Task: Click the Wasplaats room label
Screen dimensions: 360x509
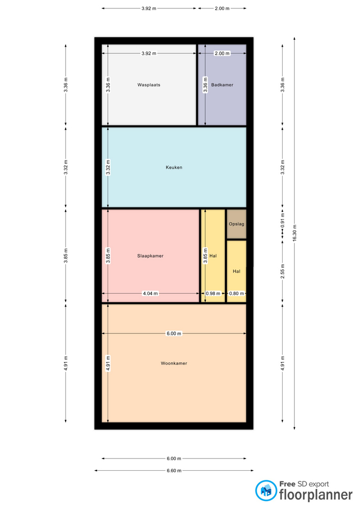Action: tap(148, 85)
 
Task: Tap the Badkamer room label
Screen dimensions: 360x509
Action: tap(222, 85)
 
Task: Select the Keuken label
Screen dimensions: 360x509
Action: tap(174, 168)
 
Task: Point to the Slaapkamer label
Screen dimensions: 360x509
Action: tap(150, 256)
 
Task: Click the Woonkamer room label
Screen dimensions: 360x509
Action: tap(174, 363)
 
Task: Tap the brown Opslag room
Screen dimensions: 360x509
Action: tap(236, 224)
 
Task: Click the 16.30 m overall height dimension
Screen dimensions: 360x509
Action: tap(295, 233)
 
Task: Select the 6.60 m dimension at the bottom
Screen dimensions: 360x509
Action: tap(174, 470)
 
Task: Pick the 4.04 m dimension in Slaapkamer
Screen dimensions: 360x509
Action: tap(150, 293)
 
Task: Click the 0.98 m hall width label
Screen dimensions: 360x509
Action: tap(213, 293)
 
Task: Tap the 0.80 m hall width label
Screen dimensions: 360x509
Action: tap(236, 293)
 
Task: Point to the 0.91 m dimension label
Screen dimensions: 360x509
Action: tap(283, 221)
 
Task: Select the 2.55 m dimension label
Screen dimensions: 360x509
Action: tap(283, 271)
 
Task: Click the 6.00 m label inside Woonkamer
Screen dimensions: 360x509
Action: tap(174, 334)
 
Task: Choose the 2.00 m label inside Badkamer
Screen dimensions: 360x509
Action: tap(222, 53)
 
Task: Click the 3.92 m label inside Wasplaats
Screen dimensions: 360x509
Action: tap(148, 53)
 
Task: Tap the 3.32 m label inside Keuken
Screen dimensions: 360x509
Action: tap(108, 168)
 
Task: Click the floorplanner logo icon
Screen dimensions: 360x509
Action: tap(266, 490)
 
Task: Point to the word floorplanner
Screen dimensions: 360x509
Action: tap(316, 495)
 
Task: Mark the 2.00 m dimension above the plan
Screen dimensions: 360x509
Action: tap(222, 8)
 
